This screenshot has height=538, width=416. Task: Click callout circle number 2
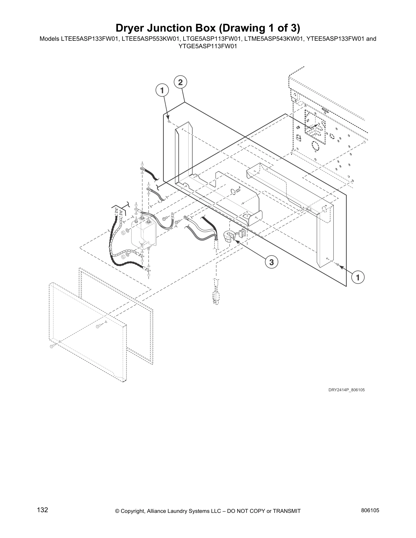coord(180,82)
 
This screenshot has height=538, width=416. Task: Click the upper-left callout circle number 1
coord(162,90)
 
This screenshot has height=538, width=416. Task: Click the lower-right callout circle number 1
coord(358,277)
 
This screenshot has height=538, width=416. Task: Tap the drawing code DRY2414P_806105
coord(346,390)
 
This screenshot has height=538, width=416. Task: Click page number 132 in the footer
coord(42,510)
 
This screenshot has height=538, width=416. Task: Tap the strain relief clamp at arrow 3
coord(231,236)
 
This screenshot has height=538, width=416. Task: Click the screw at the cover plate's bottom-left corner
coord(52,346)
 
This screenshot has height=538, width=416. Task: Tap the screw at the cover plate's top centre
coord(99,326)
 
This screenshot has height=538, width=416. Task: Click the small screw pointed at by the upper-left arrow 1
coord(169,122)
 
